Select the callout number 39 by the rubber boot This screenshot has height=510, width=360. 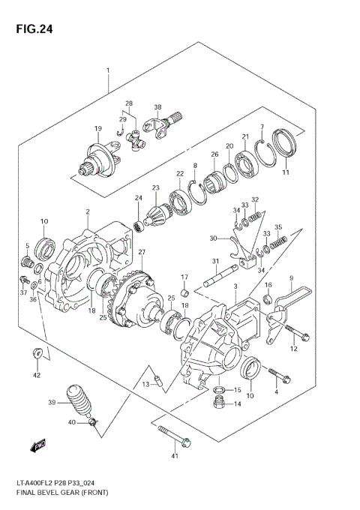coord(52,403)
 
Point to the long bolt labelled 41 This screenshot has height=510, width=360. coord(173,434)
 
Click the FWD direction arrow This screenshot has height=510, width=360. coord(38,446)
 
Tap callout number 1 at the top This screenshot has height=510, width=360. coord(108,70)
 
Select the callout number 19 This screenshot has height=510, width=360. coord(97,129)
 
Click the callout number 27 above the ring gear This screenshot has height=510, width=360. coord(141,252)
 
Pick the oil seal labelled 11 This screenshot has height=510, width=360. coord(283,146)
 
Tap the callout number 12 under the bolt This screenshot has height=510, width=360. coord(294,349)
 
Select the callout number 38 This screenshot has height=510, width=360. coord(158,107)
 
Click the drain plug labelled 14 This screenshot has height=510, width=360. coord(219,404)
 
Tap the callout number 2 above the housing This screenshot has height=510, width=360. coord(88,211)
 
